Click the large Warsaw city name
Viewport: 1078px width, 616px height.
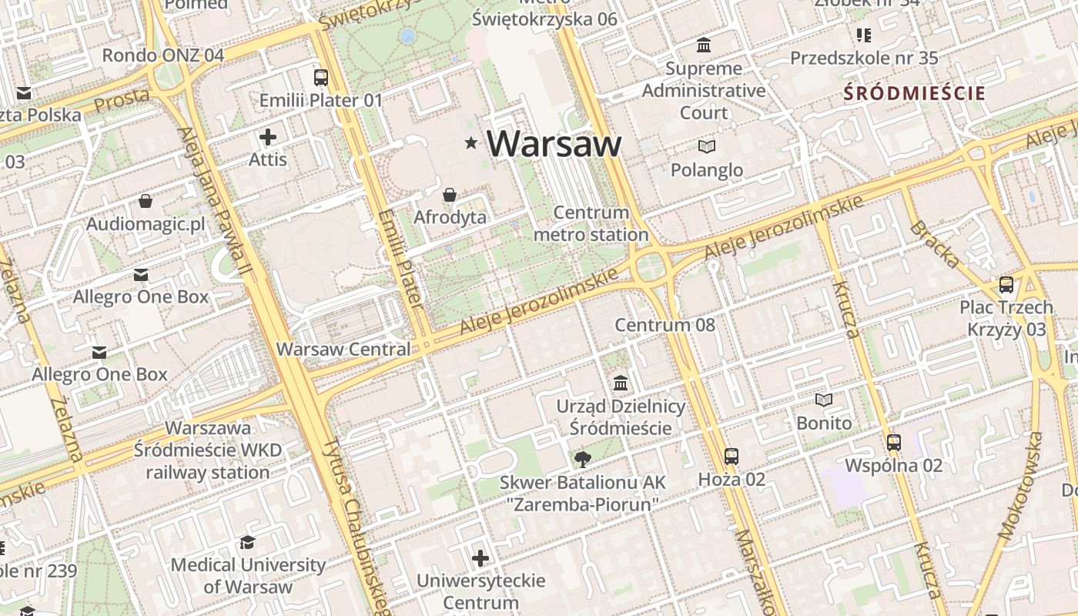tap(554, 143)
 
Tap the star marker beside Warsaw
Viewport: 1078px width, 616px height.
tap(471, 142)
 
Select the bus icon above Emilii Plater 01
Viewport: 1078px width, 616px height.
tap(321, 78)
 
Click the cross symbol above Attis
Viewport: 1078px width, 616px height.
tap(268, 138)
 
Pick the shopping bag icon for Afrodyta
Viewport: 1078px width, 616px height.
tap(450, 196)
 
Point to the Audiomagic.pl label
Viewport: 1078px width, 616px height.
tap(146, 224)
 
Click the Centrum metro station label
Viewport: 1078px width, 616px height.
tap(591, 223)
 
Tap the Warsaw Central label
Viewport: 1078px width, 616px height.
tap(343, 349)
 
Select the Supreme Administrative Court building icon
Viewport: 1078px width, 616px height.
tap(704, 45)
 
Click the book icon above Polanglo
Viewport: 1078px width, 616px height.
tap(706, 146)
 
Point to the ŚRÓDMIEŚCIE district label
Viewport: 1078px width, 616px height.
tap(914, 94)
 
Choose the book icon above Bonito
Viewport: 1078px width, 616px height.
tap(824, 400)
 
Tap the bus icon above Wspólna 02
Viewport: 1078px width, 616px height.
tap(894, 443)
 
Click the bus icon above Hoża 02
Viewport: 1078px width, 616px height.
tap(731, 457)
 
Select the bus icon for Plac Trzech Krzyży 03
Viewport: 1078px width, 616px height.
tap(1006, 285)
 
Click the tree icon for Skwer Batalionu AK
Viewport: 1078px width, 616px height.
tap(583, 460)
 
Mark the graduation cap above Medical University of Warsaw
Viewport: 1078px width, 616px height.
tap(247, 542)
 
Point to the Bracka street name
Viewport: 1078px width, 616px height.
tap(934, 245)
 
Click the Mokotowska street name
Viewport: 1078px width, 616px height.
tap(1020, 486)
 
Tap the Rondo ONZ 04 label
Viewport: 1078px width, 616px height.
tap(163, 55)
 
